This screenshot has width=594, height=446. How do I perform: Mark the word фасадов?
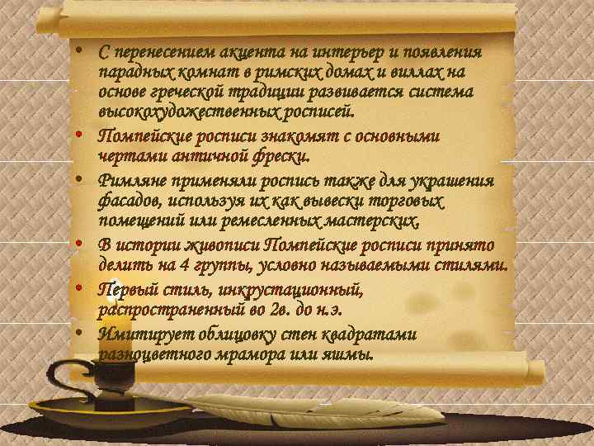point(126,201)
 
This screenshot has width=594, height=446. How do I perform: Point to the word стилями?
point(474,265)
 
